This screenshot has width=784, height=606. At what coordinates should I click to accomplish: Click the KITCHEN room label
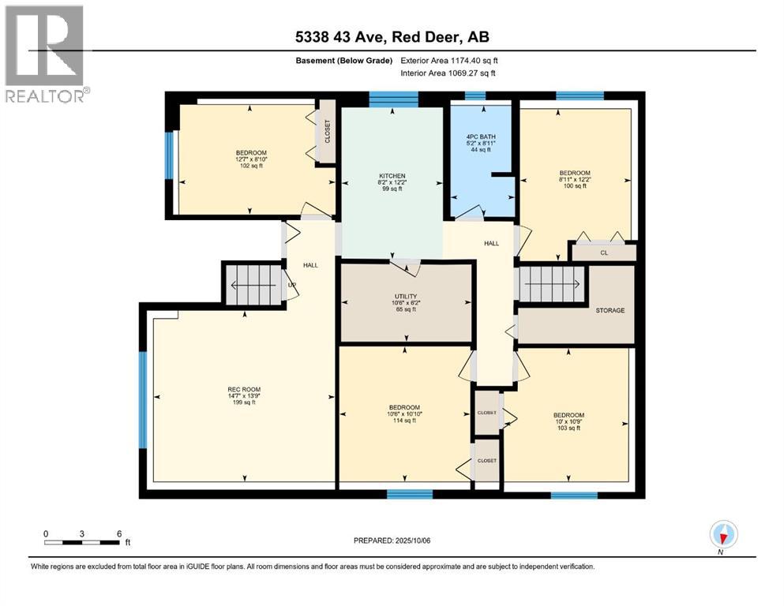392,176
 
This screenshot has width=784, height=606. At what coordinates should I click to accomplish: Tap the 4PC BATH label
481,137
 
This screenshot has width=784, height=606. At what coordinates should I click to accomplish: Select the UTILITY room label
406,296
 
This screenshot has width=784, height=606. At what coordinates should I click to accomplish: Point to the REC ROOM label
244,389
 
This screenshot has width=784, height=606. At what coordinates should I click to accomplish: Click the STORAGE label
610,310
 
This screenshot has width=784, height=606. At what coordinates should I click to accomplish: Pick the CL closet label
604,252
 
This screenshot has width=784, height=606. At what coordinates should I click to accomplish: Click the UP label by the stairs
292,286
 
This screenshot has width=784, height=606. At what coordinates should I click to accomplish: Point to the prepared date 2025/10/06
413,541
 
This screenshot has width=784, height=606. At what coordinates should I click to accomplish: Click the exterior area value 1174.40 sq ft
475,61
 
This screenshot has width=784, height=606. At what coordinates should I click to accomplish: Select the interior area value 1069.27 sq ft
472,73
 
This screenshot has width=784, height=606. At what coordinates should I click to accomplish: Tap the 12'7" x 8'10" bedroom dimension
251,159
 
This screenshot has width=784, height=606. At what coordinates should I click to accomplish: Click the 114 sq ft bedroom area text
404,420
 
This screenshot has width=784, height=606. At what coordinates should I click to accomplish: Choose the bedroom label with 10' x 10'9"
568,415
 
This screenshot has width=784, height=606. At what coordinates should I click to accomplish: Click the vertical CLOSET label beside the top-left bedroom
328,132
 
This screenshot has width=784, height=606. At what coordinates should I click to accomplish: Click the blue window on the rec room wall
143,400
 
